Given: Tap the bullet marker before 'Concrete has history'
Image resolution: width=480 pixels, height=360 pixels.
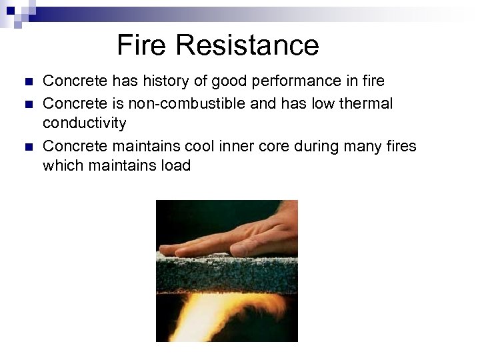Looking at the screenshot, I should [x=27, y=82].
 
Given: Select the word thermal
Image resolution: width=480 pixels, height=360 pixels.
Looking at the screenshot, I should [x=367, y=103].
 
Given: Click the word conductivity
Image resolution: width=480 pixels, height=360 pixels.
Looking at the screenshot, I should [x=84, y=123].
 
